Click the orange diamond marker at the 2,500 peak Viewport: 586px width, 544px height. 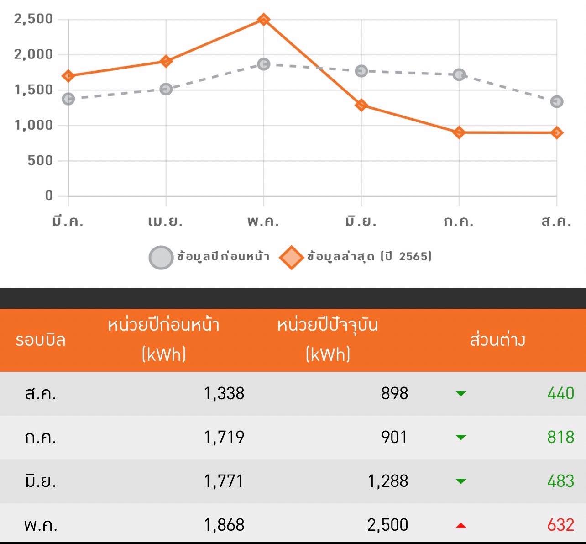pos(263,20)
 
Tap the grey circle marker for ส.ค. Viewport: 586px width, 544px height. pos(556,101)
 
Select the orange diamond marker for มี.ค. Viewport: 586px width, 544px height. pos(68,76)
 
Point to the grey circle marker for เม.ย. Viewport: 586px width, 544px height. pos(166,89)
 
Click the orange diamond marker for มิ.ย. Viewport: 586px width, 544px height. pos(361,106)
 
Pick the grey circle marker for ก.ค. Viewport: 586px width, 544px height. pos(459,74)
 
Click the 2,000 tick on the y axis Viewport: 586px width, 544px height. pos(34,54)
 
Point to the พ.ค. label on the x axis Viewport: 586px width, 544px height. pos(263,222)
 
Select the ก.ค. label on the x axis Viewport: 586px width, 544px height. pos(459,222)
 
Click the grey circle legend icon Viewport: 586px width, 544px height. pos(161,257)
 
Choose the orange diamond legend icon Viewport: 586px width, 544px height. pos(291,257)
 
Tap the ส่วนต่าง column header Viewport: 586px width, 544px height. pos(497,340)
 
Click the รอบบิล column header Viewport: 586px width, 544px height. pos(41,340)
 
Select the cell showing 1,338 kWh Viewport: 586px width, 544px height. pos(224,393)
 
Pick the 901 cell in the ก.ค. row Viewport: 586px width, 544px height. pos(394,437)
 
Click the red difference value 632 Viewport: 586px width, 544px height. pos(560,525)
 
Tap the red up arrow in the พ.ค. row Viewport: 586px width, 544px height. pos(461,526)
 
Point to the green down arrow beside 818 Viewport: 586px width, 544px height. pos(461,438)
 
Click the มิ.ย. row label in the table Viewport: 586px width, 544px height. pos(41,481)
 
